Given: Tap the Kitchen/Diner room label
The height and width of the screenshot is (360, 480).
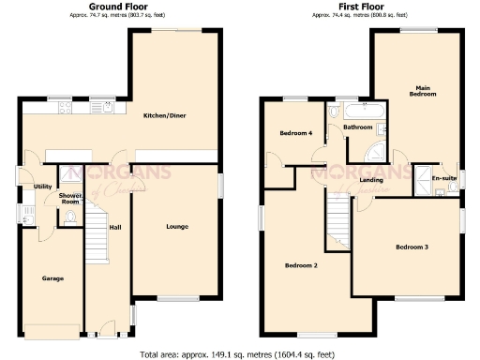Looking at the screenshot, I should tap(161, 116).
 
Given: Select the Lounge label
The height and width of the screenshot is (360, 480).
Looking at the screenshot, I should tap(176, 227).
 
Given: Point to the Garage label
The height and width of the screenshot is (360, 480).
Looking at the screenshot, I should tap(51, 278).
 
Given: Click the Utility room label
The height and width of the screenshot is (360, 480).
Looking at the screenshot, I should tap(42, 187).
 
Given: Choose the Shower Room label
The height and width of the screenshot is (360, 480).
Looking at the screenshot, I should tap(70, 198).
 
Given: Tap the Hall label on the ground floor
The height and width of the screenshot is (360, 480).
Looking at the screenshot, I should tap(115, 227).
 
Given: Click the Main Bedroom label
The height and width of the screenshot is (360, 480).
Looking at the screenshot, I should tap(422, 92).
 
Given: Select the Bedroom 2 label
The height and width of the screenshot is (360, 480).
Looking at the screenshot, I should tap(301, 266).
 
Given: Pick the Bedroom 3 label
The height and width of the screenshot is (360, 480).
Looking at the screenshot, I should tap(412, 247).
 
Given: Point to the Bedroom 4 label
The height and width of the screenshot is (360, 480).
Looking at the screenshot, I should tap(295, 133).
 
